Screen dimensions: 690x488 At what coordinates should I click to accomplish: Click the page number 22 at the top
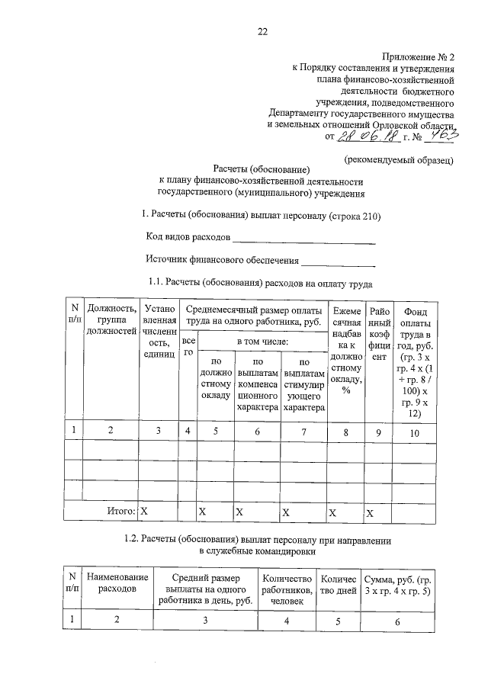pyautogui.click(x=262, y=31)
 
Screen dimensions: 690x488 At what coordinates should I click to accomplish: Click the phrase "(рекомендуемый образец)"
pyautogui.click(x=400, y=160)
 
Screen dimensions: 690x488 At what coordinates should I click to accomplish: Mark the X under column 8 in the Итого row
pyautogui.click(x=332, y=511)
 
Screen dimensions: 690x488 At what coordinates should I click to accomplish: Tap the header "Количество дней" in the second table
pyautogui.click(x=339, y=583)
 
